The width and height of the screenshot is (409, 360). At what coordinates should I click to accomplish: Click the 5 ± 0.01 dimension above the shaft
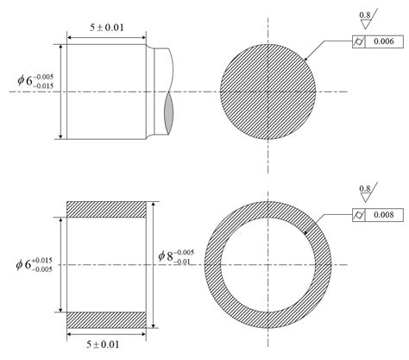point(107,28)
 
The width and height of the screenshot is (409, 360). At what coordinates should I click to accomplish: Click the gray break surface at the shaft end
point(168,109)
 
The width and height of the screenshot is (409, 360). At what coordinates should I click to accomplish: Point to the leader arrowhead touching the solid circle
point(305,60)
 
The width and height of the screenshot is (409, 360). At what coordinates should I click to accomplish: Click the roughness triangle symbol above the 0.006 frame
point(367,24)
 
